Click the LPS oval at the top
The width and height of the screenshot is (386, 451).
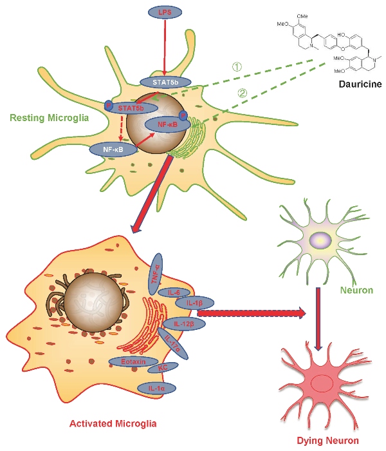(x=165, y=13)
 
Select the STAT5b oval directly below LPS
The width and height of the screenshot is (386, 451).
(x=165, y=82)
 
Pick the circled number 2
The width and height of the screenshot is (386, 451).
(x=242, y=92)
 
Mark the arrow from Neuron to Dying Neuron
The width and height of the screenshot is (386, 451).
(x=317, y=319)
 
